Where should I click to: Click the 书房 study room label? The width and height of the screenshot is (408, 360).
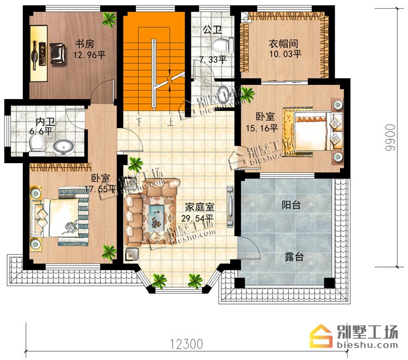84,44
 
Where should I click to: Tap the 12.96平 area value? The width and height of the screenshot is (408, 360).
89,55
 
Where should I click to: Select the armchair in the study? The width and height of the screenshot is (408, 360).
58,54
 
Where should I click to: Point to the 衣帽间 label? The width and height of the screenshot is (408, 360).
283,44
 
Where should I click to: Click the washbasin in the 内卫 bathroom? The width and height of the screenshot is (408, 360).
64,147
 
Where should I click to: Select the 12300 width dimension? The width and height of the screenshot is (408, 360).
187,344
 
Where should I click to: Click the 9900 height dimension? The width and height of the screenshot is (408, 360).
390,138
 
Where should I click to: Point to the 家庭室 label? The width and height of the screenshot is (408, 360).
200,207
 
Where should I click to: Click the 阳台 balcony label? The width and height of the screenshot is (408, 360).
292,205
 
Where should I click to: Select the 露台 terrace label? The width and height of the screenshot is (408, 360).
294,257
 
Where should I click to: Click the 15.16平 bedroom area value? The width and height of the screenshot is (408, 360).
262,128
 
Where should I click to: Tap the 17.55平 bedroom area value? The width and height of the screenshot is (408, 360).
101,189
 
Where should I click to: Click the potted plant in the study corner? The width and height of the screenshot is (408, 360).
109,20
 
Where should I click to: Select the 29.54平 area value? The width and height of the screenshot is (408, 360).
197,218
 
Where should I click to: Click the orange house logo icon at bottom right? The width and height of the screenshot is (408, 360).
321,336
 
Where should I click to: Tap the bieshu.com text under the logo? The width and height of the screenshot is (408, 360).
367,345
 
